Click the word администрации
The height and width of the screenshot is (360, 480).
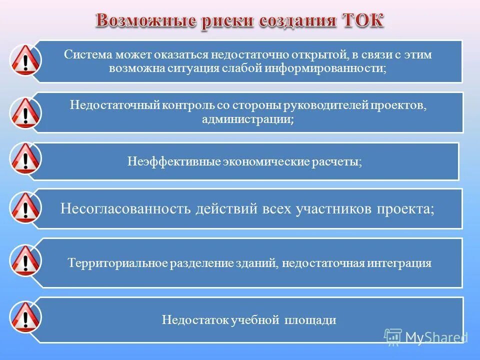coord(247,120)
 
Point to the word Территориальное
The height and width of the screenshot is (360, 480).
coord(117,263)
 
